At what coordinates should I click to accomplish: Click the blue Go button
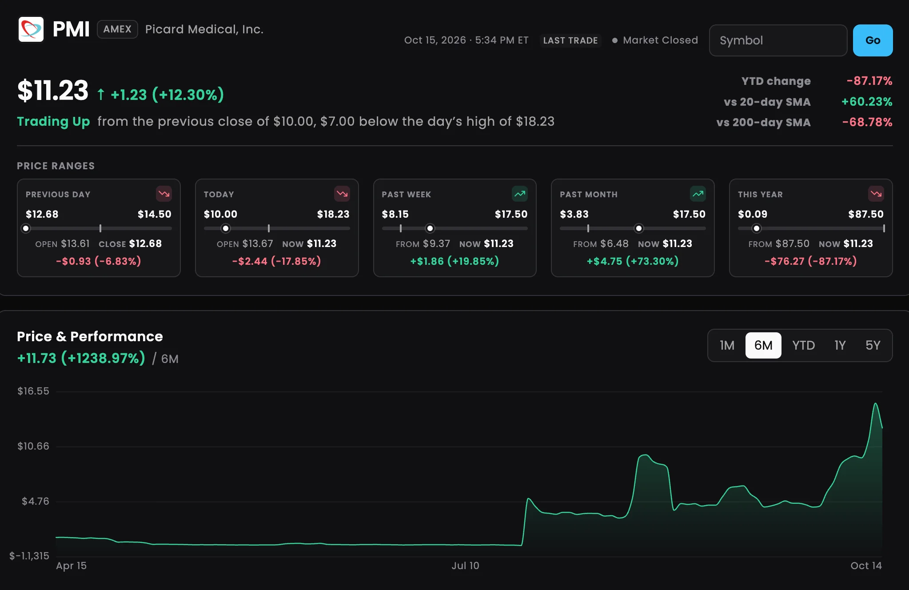tap(873, 40)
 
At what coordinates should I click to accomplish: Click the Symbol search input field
tap(778, 40)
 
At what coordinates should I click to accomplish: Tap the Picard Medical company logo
tap(31, 29)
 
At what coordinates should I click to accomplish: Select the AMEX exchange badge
tap(117, 29)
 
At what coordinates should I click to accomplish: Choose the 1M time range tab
tap(727, 345)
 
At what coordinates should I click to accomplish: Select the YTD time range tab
tap(803, 345)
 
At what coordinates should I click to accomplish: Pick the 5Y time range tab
tap(873, 345)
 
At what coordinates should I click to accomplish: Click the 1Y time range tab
tap(840, 345)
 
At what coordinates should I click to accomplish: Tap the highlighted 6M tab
tap(763, 345)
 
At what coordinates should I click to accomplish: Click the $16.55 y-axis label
tap(33, 391)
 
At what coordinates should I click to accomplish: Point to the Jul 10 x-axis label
tap(465, 566)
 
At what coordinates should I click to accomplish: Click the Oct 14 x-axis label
tap(866, 566)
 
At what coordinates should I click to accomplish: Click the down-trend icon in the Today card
tap(342, 194)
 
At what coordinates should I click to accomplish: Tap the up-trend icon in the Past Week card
tap(520, 194)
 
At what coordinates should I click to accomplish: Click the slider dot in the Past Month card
tap(638, 228)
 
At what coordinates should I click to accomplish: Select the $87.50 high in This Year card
tap(865, 214)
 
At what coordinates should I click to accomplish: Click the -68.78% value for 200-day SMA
tap(867, 122)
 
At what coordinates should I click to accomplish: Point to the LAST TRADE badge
tap(570, 40)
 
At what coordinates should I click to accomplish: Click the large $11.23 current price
tap(53, 91)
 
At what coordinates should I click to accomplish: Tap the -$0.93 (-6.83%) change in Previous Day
tap(99, 261)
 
